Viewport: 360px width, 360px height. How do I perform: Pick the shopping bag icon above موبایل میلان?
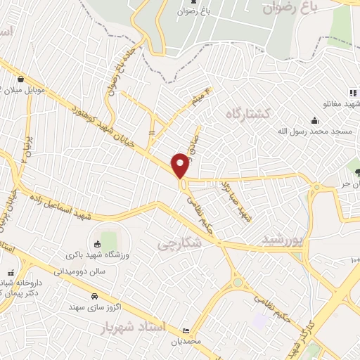pyautogui.click(x=22, y=79)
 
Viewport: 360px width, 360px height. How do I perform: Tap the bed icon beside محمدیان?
pyautogui.click(x=186, y=331)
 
